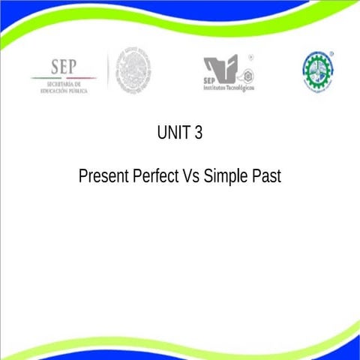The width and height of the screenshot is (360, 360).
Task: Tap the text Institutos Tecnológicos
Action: click(229, 88)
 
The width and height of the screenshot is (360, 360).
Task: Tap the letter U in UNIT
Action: click(162, 133)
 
